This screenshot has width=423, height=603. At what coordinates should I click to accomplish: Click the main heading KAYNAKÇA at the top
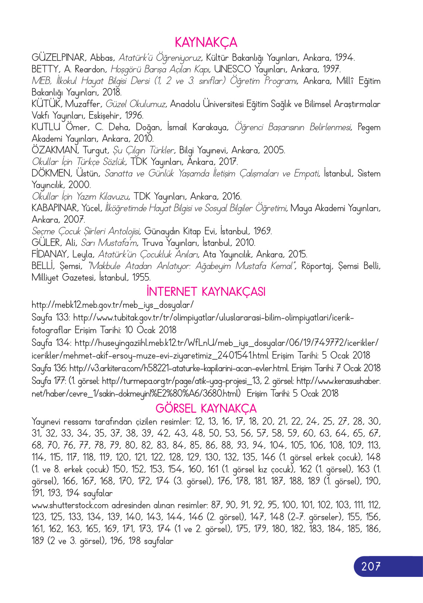pos(206,43)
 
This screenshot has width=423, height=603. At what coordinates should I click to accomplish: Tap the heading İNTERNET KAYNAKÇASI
pos(206,291)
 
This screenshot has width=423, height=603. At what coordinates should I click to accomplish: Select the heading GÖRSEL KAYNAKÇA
pos(206,408)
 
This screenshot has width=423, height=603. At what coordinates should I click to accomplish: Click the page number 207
pos(371,566)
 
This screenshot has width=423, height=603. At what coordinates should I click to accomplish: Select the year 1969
pos(262,231)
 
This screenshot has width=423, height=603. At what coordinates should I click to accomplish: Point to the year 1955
pos(140,278)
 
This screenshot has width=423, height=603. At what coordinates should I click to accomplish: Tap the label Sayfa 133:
pos(51,318)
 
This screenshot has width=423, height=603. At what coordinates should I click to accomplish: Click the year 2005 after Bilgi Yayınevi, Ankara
pos(274,150)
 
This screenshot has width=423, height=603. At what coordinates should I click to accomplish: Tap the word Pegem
pos(369,127)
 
